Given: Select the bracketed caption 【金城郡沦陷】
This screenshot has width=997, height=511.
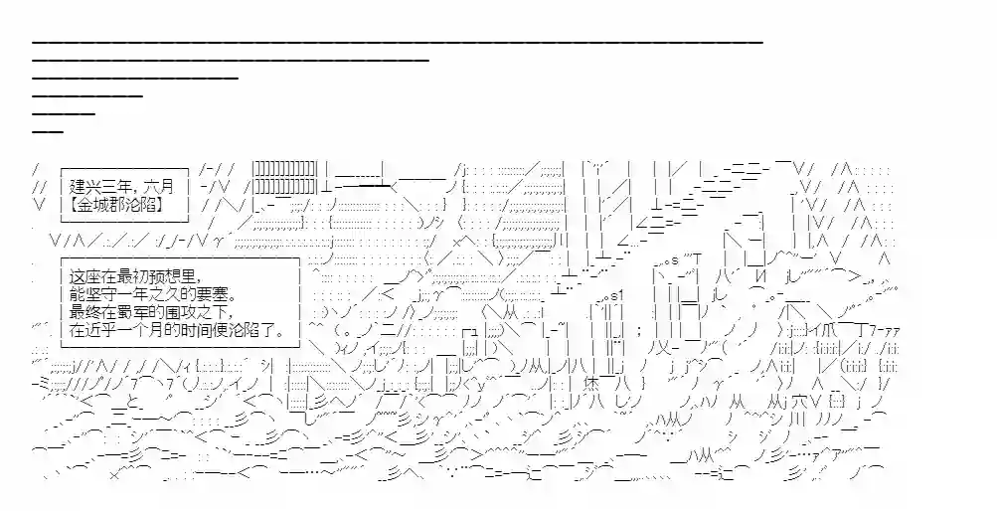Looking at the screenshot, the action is coord(118,205).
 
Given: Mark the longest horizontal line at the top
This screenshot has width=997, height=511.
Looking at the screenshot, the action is coord(398,42).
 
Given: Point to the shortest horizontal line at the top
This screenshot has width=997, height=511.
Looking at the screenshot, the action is coord(48,131).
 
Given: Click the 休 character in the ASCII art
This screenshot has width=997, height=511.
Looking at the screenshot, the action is coord(590,385).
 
